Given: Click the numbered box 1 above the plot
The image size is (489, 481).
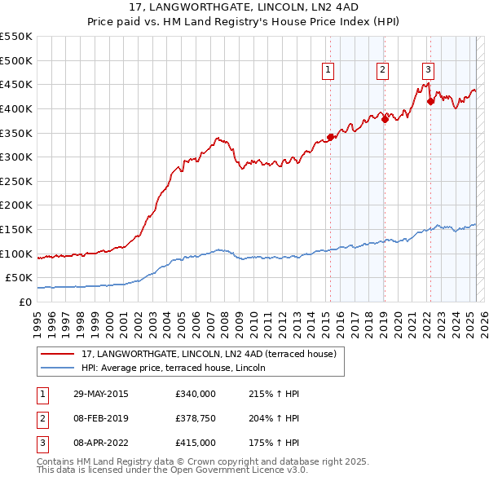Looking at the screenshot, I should tap(328, 71).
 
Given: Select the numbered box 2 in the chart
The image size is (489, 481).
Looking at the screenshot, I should tap(382, 71).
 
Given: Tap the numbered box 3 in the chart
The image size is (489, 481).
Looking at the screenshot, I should tap(428, 71).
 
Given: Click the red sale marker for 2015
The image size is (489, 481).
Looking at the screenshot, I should tap(330, 137).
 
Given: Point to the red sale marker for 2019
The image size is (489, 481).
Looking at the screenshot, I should tap(385, 119).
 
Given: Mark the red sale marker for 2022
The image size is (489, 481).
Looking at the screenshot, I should tap(430, 102).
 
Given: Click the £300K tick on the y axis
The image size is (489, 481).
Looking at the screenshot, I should tap(16, 157).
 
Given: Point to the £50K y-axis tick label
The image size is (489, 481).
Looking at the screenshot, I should tap(19, 278).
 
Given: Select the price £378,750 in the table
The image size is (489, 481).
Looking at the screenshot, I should tap(196, 419).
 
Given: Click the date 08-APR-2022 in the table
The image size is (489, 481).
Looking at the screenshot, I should tap(99, 443).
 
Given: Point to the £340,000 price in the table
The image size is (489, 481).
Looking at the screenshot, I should tap(196, 395).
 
